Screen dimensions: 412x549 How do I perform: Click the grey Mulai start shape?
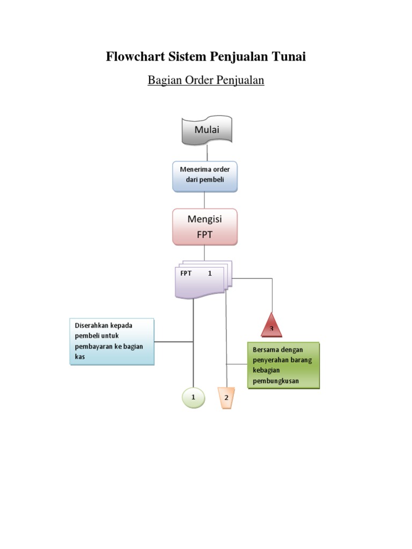pos(207,130)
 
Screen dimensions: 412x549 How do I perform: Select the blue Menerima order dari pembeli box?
pos(205,176)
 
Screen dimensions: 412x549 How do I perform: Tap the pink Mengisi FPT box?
pos(205,227)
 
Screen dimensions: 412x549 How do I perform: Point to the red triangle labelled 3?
pos(271,325)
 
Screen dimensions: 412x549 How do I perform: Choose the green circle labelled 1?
pos(193,398)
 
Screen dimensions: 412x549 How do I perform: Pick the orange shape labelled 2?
pos(226,398)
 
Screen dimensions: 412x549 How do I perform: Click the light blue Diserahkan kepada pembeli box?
pos(112,342)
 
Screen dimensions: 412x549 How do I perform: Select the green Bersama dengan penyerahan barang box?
pos(283,366)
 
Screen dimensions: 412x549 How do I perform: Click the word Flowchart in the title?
pos(135,56)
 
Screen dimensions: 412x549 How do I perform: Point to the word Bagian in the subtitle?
pos(165,80)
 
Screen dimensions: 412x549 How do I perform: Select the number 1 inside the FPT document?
pos(210,273)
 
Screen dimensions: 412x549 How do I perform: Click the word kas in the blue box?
pos(80,357)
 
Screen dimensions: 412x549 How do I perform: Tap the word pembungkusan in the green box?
pos(276,381)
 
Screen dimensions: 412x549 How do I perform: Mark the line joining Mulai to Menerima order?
pos(207,153)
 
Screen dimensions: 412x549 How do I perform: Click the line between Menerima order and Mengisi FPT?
pos(204,201)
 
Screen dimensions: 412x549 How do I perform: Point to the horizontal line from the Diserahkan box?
pos(174,342)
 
